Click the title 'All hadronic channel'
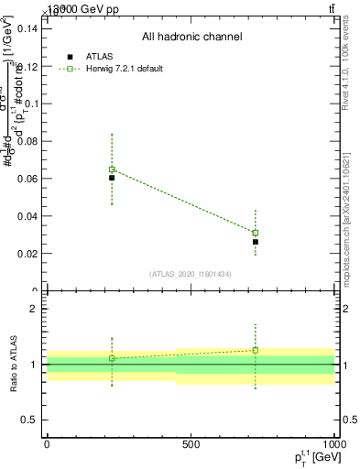(191, 38)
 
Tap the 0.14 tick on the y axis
(27, 28)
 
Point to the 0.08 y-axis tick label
(27, 141)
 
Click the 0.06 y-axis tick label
(27, 179)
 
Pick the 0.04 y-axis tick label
(27, 216)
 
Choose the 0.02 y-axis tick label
(27, 254)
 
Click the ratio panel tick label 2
(33, 310)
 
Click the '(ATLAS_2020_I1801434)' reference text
(191, 274)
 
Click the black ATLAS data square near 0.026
(256, 242)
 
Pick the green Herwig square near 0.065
(112, 169)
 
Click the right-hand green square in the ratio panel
(256, 350)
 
